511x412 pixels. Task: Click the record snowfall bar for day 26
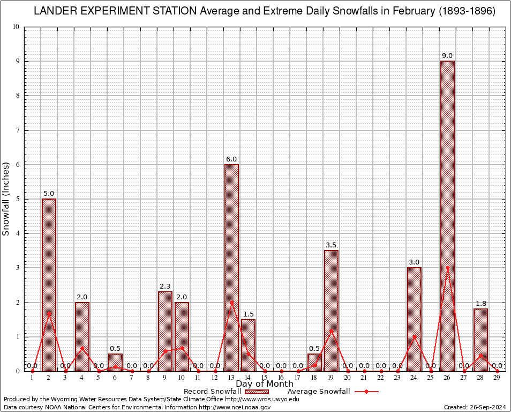(447, 215)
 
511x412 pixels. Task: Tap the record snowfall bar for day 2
(49, 284)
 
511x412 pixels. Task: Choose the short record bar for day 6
(115, 362)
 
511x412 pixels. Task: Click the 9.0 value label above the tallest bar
(447, 56)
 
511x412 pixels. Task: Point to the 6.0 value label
(231, 159)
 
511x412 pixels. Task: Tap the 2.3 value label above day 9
(165, 286)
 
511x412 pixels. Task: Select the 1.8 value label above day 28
(480, 304)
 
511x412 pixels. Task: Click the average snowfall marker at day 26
(447, 268)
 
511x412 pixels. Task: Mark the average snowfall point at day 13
(231, 302)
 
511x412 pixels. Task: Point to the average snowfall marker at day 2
(49, 313)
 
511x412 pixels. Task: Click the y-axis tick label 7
(17, 130)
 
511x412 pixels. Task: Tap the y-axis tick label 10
(16, 27)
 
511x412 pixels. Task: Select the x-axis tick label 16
(281, 378)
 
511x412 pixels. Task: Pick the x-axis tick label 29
(497, 378)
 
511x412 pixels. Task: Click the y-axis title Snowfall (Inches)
(6, 198)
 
